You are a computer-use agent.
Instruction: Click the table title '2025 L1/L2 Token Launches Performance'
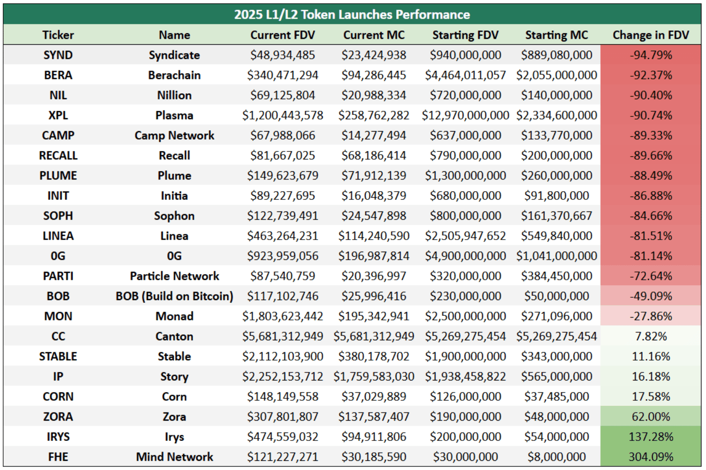click(352, 14)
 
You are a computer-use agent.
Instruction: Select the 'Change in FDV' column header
click(651, 35)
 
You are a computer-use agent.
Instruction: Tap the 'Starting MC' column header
click(556, 35)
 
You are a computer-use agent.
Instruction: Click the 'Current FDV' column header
click(283, 35)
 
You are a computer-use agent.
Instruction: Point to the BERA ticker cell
click(58, 75)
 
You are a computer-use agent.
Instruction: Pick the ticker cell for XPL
click(58, 115)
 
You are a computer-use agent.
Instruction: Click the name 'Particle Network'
click(175, 276)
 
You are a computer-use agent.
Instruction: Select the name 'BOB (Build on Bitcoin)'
click(175, 296)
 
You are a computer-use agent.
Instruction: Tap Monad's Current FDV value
click(283, 316)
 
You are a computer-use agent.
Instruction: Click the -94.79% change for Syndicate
click(651, 55)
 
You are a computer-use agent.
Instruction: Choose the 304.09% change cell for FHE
click(651, 457)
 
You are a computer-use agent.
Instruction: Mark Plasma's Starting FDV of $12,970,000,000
click(465, 115)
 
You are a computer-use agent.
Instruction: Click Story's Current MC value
click(374, 376)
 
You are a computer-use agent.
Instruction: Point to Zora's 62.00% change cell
click(651, 416)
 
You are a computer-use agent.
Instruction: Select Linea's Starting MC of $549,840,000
click(556, 236)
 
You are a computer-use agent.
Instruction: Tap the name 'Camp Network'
click(175, 135)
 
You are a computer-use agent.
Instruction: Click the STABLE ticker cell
click(58, 356)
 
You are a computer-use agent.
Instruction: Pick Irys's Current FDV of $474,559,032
click(283, 437)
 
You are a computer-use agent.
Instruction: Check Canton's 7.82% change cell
click(651, 336)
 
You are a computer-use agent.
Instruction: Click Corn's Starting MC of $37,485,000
click(556, 397)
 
